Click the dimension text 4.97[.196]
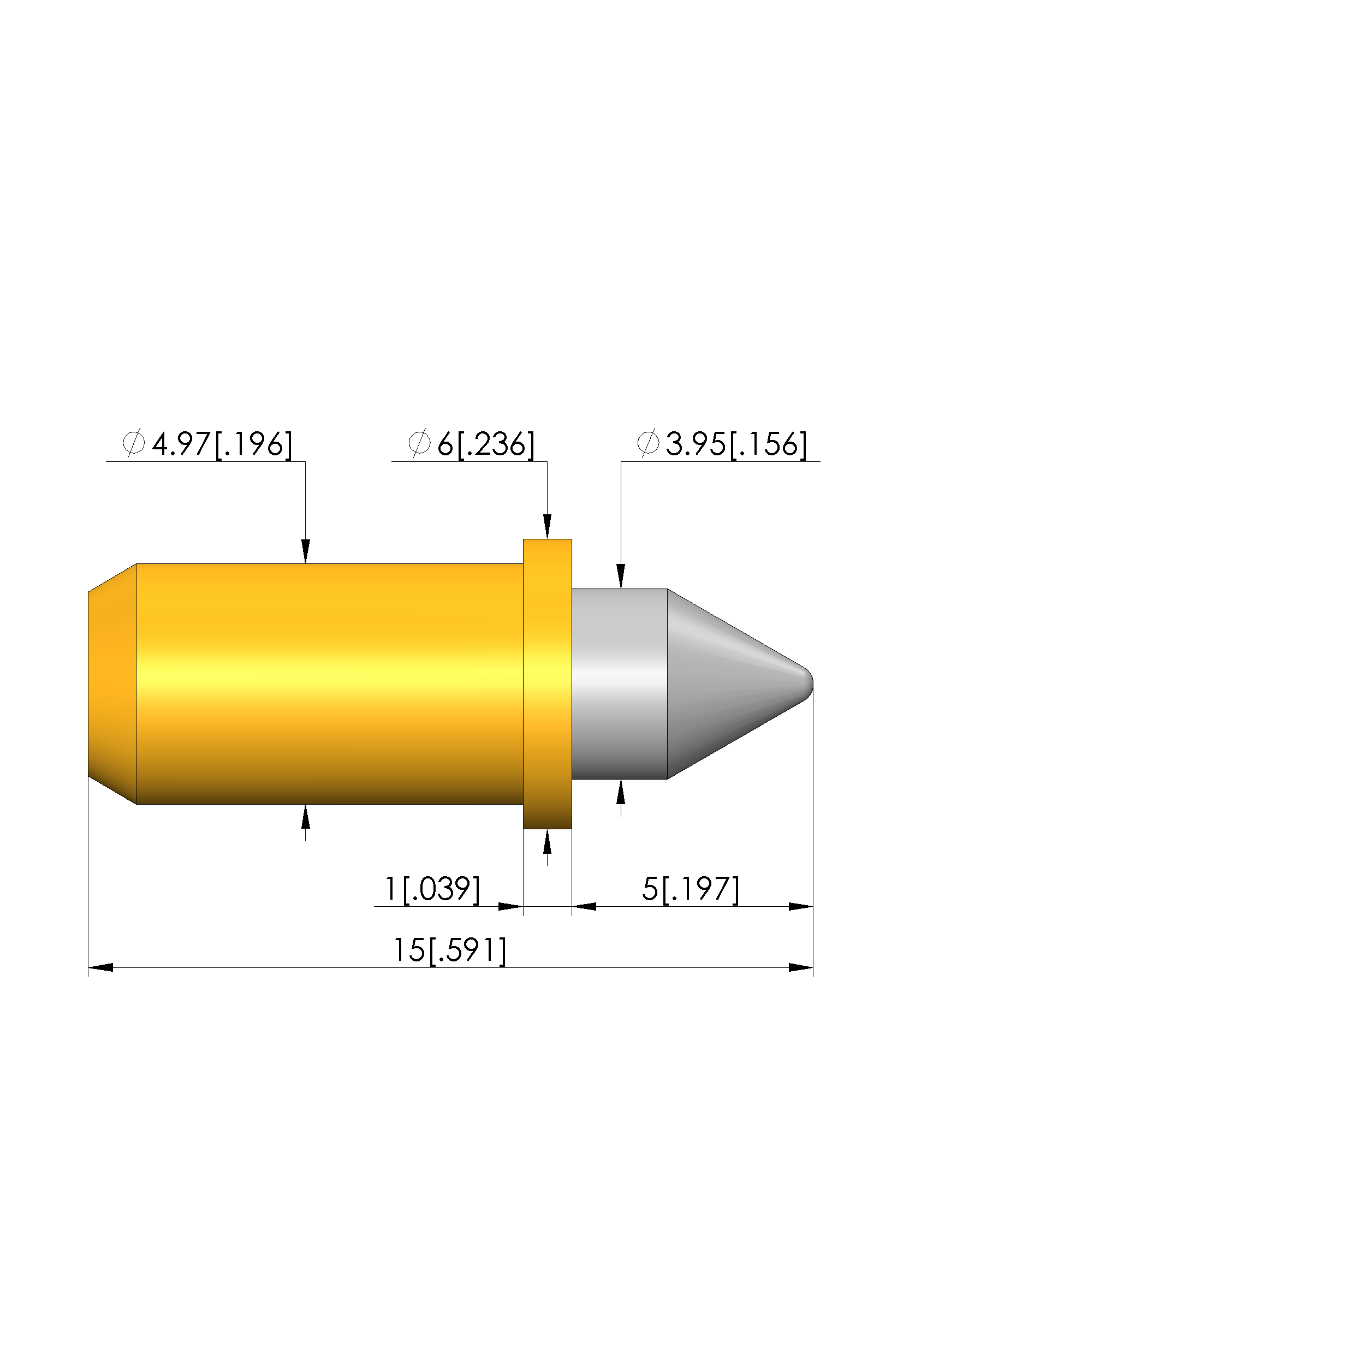tap(222, 444)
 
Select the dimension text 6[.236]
tap(486, 444)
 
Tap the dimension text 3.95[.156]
tap(736, 444)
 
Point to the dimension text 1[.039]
tap(432, 889)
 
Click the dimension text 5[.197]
tap(691, 889)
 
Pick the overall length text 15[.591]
tap(450, 950)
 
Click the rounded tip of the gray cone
tap(809, 684)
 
